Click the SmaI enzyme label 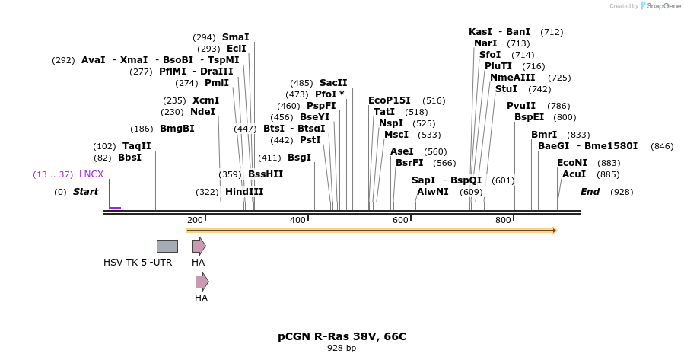(x=235, y=37)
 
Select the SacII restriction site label (x=333, y=82)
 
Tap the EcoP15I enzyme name (x=389, y=100)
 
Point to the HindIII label (x=244, y=191)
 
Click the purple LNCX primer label (x=91, y=174)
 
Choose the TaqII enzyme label (x=137, y=145)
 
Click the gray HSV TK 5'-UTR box (x=167, y=246)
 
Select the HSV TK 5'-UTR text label (x=138, y=263)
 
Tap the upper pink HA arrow (x=199, y=246)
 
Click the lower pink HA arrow (x=202, y=282)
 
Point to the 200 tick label (x=195, y=220)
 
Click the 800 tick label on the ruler (x=503, y=220)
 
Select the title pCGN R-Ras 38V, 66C (x=342, y=336)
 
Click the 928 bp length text (x=342, y=348)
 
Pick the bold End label (x=590, y=191)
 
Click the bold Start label (x=85, y=191)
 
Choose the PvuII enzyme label (x=521, y=105)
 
